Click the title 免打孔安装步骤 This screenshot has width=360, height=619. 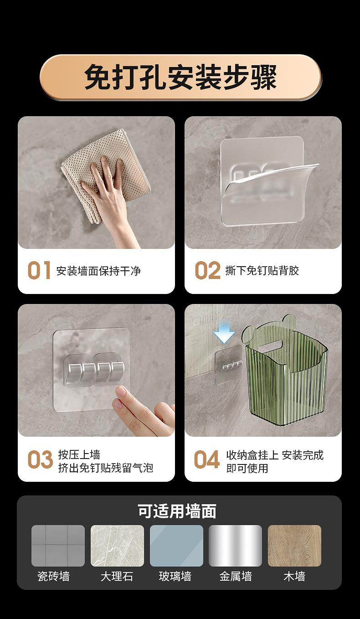(x=180, y=77)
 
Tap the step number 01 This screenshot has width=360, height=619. (x=39, y=270)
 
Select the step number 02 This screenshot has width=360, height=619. (x=207, y=270)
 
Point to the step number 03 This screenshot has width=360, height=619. (x=40, y=459)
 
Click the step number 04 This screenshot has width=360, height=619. (x=207, y=459)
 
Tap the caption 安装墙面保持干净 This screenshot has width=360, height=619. (x=98, y=271)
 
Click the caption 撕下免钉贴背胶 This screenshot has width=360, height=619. (x=262, y=270)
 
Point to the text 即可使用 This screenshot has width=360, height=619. (x=247, y=468)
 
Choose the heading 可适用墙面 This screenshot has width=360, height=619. (x=177, y=511)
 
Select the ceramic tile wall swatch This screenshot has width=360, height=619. (x=58, y=546)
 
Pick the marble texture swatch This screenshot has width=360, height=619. (x=118, y=546)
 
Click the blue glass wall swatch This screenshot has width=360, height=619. (x=176, y=546)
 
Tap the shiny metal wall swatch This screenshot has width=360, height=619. (x=236, y=546)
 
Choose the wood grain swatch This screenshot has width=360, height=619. (x=294, y=546)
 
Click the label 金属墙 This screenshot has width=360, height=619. (x=236, y=577)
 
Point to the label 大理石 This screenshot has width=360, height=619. (x=117, y=577)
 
